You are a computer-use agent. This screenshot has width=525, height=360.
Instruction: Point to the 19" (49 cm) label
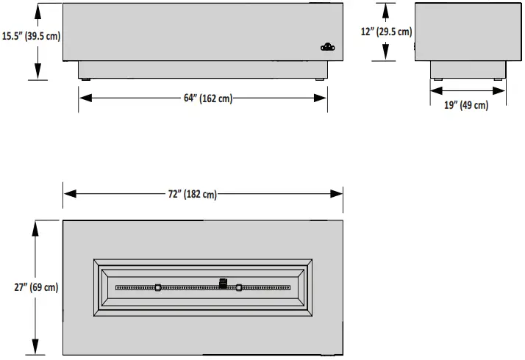(466, 105)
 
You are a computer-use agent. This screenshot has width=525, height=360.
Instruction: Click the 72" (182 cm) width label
(193, 194)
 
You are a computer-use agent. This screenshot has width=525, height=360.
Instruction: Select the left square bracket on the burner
(158, 287)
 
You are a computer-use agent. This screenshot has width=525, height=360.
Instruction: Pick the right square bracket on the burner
(239, 287)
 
